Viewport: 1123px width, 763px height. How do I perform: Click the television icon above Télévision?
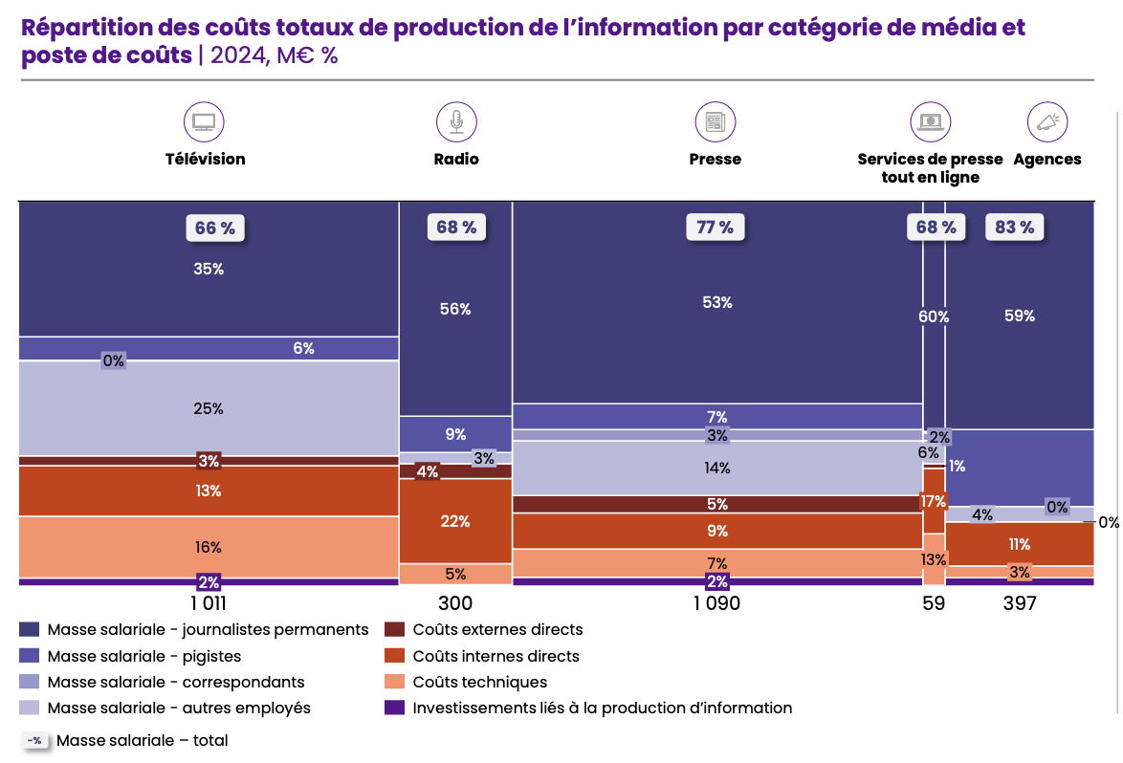pyautogui.click(x=204, y=121)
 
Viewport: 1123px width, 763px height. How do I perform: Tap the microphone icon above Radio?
pyautogui.click(x=456, y=121)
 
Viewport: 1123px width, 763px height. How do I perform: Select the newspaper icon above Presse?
pyautogui.click(x=715, y=121)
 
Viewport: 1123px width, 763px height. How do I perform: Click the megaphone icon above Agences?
pyautogui.click(x=1047, y=121)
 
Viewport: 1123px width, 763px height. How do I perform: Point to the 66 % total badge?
pyautogui.click(x=215, y=229)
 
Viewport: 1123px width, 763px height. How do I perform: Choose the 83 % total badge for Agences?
pyautogui.click(x=1014, y=228)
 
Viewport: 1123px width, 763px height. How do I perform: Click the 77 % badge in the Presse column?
pyautogui.click(x=715, y=228)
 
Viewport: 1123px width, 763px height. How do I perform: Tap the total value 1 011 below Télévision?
pyautogui.click(x=209, y=603)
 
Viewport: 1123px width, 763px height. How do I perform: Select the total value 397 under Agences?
pyautogui.click(x=1019, y=603)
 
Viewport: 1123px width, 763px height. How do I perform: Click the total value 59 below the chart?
pyautogui.click(x=934, y=603)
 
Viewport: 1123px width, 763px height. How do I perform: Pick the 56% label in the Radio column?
pyautogui.click(x=455, y=309)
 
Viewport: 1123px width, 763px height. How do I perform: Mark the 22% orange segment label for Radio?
pyautogui.click(x=455, y=521)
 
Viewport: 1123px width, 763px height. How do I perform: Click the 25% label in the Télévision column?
pyautogui.click(x=209, y=408)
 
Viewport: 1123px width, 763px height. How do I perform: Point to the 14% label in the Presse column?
pyautogui.click(x=717, y=468)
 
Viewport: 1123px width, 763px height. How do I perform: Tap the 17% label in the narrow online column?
pyautogui.click(x=934, y=501)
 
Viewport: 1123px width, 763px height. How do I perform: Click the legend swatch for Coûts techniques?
pyautogui.click(x=394, y=682)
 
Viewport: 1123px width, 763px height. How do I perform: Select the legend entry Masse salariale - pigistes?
pyautogui.click(x=143, y=656)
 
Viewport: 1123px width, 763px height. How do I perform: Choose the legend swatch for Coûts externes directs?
pyautogui.click(x=394, y=629)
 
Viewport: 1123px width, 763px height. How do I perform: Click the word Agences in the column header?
pyautogui.click(x=1047, y=159)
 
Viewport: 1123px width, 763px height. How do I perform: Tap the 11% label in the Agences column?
pyautogui.click(x=1020, y=544)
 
